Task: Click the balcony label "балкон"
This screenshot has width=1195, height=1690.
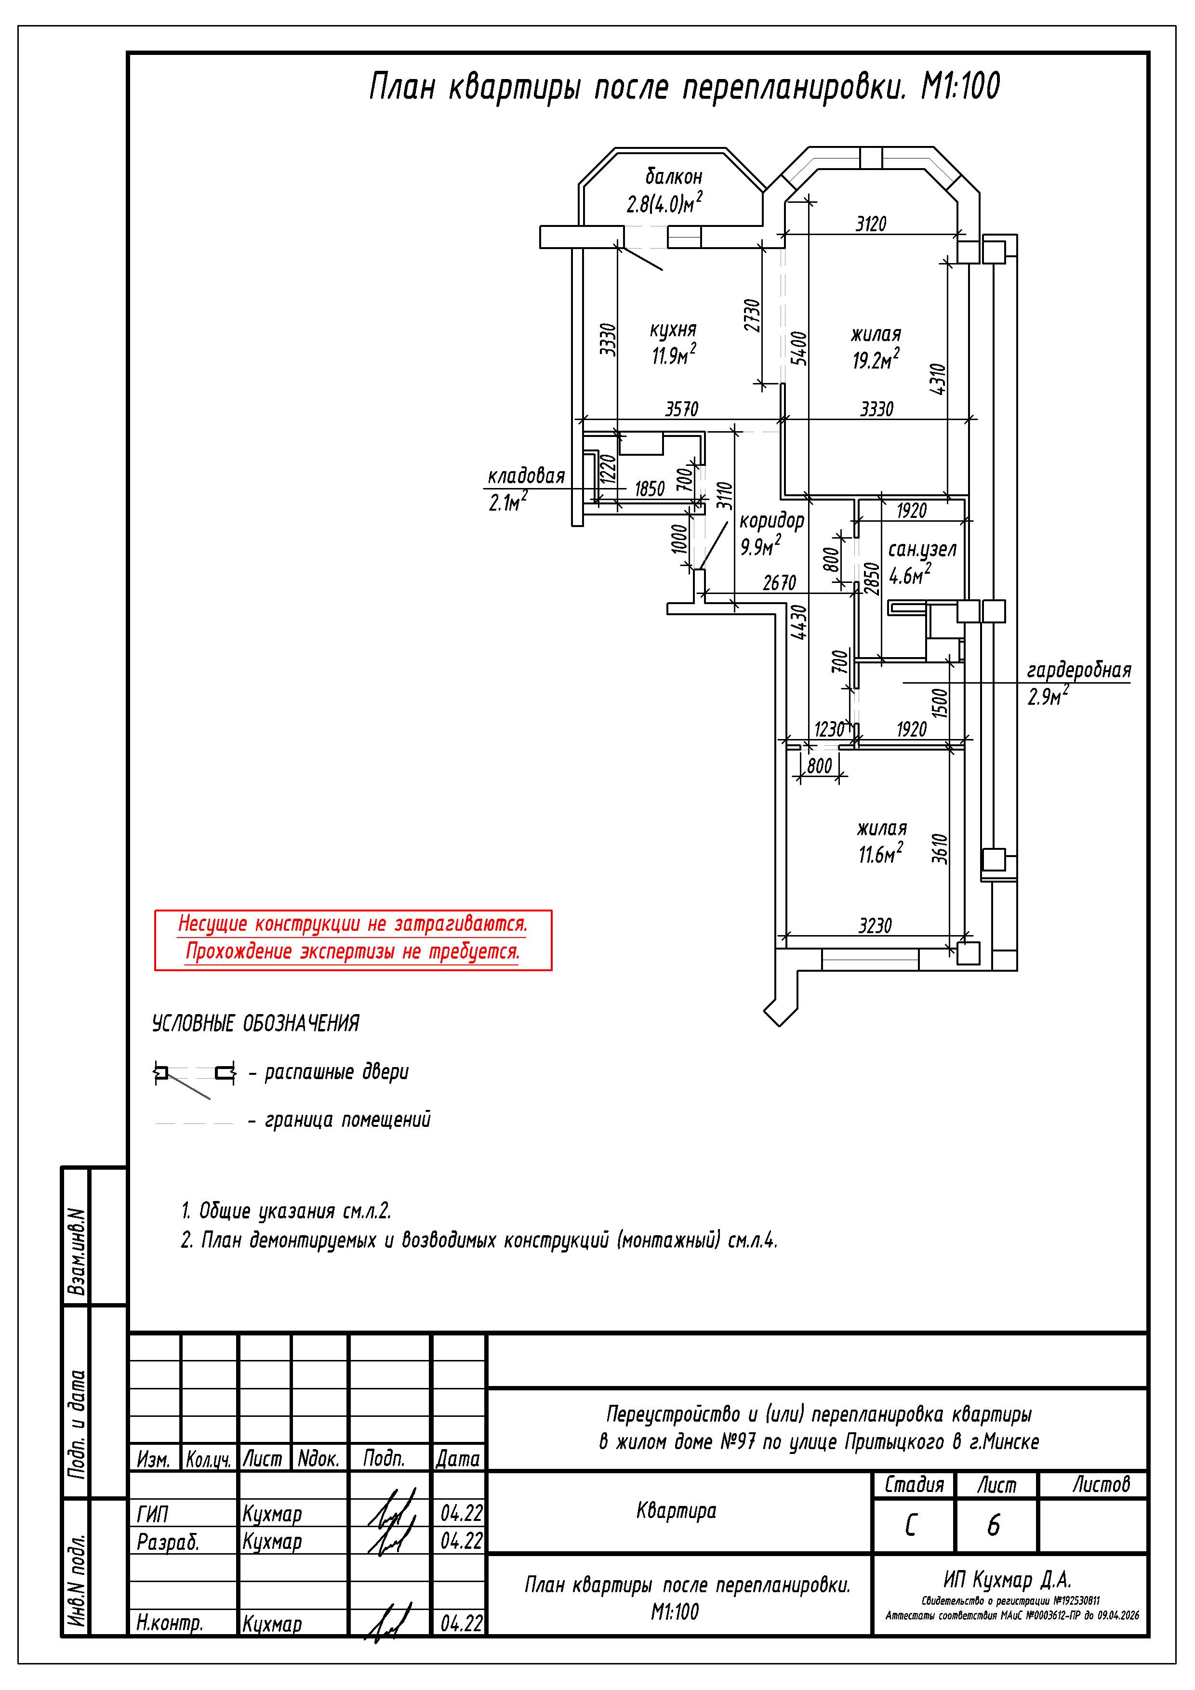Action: tap(674, 177)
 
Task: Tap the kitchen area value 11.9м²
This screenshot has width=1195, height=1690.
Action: tap(674, 355)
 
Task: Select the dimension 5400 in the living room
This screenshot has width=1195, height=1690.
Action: tap(799, 348)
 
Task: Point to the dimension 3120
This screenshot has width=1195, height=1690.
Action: tap(871, 224)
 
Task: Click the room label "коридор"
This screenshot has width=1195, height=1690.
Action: tap(771, 521)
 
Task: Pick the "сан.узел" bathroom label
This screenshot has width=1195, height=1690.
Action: tap(922, 549)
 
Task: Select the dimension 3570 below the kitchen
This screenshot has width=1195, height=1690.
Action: tap(682, 409)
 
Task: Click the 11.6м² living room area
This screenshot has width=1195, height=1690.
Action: tap(881, 854)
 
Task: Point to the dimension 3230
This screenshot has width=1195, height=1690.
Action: tap(875, 926)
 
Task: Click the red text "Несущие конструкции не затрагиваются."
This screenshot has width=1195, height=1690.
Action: tap(353, 924)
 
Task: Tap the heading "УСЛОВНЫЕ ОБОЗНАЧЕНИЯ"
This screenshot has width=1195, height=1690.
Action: tap(255, 1023)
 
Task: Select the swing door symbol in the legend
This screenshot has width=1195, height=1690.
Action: tap(194, 1076)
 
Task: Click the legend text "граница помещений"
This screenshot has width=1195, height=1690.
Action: tap(347, 1120)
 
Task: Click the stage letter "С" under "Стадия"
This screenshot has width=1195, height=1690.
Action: tap(911, 1525)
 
